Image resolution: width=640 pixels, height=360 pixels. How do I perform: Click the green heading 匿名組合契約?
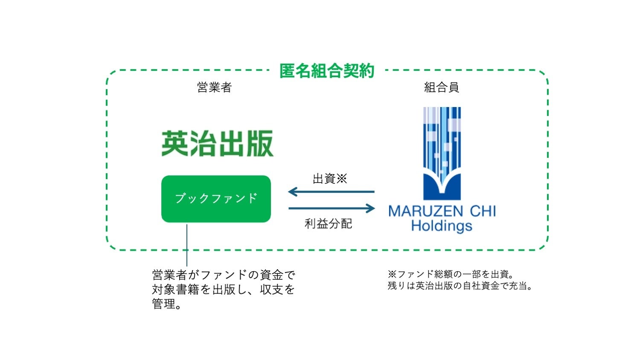pyautogui.click(x=327, y=71)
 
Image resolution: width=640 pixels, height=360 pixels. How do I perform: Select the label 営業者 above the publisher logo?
pyautogui.click(x=214, y=87)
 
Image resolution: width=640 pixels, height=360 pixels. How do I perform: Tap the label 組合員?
pyautogui.click(x=442, y=87)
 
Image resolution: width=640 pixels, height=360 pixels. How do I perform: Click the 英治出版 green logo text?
pyautogui.click(x=217, y=144)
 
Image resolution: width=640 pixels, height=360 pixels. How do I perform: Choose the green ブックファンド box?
pyautogui.click(x=216, y=199)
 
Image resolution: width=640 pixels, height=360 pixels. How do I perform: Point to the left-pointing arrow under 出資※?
pyautogui.click(x=331, y=192)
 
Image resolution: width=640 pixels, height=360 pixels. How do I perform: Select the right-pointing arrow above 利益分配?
pyautogui.click(x=332, y=209)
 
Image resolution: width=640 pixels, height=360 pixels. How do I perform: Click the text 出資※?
pyautogui.click(x=330, y=179)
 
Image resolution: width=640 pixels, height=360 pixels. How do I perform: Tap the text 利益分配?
pyautogui.click(x=328, y=224)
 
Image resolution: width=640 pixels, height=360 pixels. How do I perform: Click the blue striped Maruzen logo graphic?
pyautogui.click(x=442, y=154)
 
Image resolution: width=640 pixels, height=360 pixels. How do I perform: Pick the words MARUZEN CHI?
pyautogui.click(x=442, y=211)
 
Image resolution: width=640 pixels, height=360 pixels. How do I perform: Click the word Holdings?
pyautogui.click(x=442, y=226)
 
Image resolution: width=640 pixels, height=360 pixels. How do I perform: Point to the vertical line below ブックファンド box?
pyautogui.click(x=187, y=245)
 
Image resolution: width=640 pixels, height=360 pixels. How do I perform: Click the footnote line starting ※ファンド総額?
pyautogui.click(x=451, y=274)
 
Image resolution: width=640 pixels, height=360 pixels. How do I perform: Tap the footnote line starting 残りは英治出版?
pyautogui.click(x=460, y=286)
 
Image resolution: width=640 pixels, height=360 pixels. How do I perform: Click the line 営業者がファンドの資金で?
pyautogui.click(x=224, y=275)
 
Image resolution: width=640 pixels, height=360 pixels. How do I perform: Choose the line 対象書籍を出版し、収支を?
pyautogui.click(x=224, y=290)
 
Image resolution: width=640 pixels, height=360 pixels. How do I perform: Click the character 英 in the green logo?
pyautogui.click(x=175, y=144)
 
